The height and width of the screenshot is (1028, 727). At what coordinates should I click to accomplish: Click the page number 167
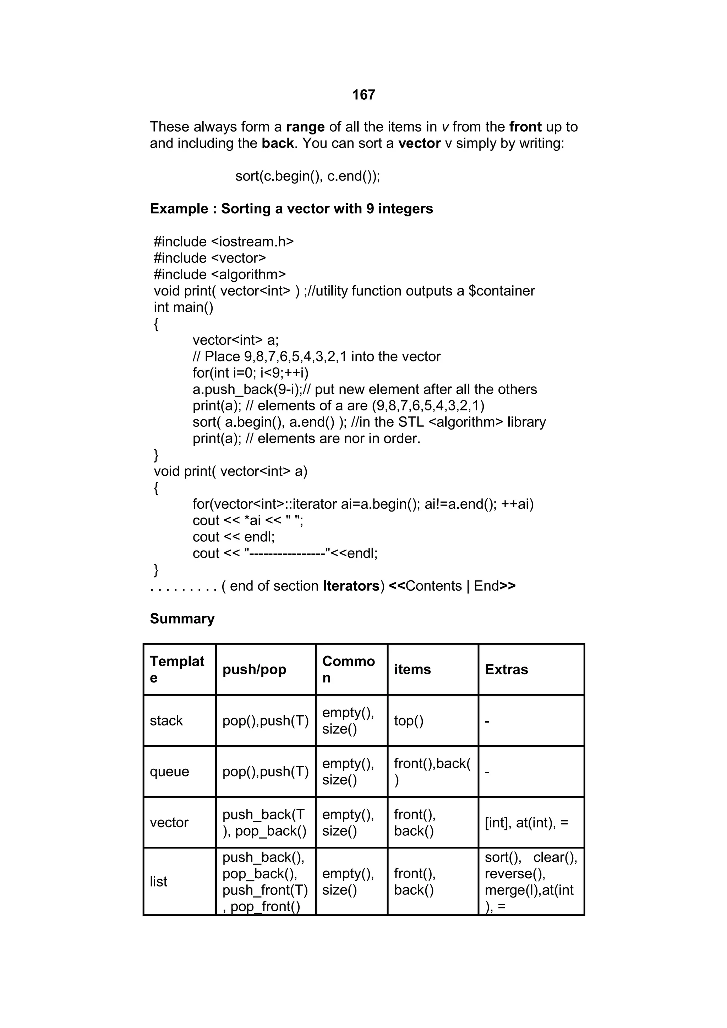[x=363, y=95]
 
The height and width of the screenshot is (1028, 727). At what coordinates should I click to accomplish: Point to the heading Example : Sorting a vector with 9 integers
[x=291, y=209]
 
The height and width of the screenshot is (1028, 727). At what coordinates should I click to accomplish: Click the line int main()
[x=184, y=308]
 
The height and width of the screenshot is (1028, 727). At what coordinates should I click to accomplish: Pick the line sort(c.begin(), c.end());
[x=308, y=176]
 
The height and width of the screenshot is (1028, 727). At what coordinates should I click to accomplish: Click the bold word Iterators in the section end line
[x=351, y=586]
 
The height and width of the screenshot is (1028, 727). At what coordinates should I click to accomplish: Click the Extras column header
[x=506, y=669]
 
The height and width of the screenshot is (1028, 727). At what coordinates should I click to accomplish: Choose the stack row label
[x=166, y=720]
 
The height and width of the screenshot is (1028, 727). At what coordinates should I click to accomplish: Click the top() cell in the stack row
[x=409, y=720]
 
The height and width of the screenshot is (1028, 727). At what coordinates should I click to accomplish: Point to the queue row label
[x=169, y=772]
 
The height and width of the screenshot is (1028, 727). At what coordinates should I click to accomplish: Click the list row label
[x=159, y=881]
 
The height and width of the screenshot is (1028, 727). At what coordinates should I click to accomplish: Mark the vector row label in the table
[x=169, y=823]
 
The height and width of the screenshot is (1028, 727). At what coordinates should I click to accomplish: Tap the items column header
[x=412, y=669]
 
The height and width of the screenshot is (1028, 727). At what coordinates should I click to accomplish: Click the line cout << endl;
[x=233, y=537]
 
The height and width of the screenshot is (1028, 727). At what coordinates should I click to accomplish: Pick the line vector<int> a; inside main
[x=236, y=340]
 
